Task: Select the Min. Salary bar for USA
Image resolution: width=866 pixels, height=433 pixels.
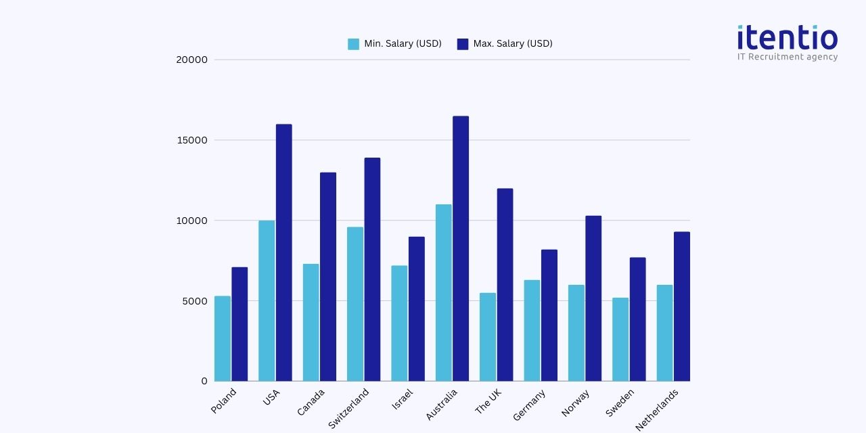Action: (x=267, y=300)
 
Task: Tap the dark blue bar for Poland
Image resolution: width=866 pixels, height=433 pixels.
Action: (x=240, y=324)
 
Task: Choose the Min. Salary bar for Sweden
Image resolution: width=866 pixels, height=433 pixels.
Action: (x=620, y=339)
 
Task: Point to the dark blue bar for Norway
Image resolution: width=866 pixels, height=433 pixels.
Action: (x=593, y=298)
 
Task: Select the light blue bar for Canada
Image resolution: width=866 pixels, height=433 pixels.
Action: (x=311, y=322)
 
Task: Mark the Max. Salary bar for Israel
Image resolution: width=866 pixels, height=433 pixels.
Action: (x=417, y=309)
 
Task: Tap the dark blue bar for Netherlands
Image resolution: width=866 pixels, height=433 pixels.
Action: (x=682, y=306)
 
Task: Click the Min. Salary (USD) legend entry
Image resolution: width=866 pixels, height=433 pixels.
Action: (x=395, y=44)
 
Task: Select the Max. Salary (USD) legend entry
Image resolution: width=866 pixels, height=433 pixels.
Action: (x=505, y=44)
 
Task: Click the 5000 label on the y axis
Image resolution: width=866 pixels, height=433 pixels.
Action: (x=195, y=301)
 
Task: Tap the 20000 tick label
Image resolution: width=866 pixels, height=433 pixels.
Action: (x=191, y=60)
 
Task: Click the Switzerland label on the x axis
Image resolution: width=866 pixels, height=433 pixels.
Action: (x=349, y=408)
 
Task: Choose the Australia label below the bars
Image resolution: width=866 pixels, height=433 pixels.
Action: (x=442, y=405)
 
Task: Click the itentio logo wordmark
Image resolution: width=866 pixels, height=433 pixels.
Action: (x=788, y=37)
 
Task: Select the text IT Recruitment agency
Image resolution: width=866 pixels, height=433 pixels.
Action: (x=788, y=57)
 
